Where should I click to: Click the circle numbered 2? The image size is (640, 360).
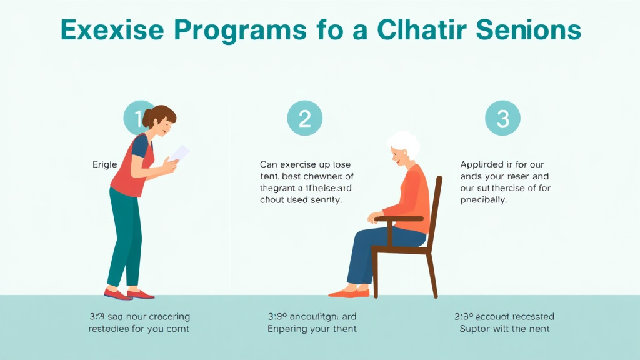tap(304, 118)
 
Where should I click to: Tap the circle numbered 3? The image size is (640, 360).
tap(502, 118)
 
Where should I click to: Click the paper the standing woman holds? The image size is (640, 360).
tap(179, 153)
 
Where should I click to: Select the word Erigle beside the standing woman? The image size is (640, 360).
tap(104, 164)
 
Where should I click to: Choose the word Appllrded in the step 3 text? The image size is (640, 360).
tap(482, 164)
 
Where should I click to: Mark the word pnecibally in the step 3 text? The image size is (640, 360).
tap(483, 200)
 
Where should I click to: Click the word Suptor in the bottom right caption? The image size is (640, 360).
tap(475, 329)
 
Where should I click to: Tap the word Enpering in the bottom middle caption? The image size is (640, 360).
tap(289, 329)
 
